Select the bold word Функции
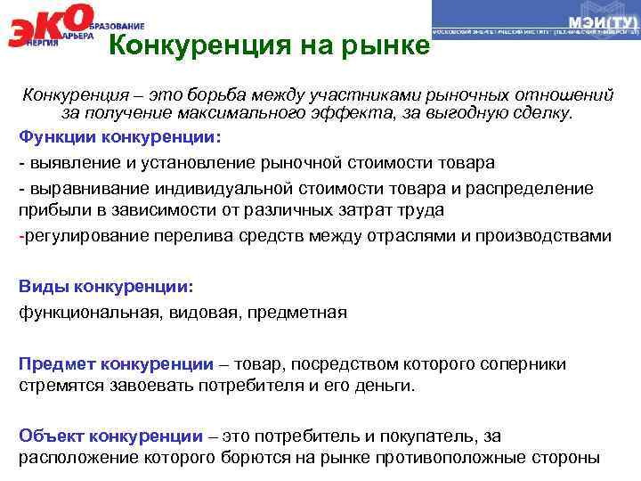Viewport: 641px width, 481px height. coord(58,139)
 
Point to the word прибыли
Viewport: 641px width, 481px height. coord(50,211)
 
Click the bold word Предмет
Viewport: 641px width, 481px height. coord(58,364)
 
